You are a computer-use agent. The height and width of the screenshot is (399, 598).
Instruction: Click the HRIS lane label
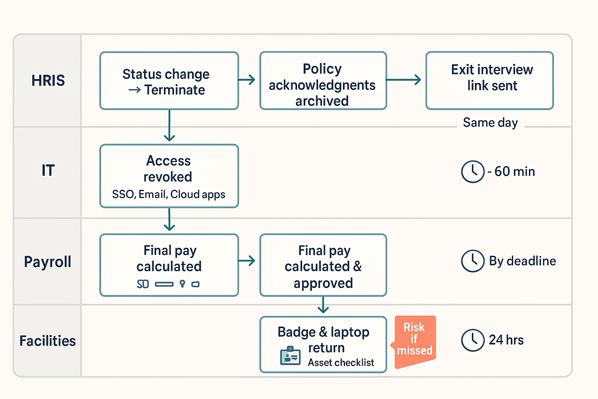coord(48,81)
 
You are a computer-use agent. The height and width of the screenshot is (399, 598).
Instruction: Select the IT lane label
coord(48,171)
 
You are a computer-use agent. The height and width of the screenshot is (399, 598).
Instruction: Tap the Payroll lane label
coord(47,262)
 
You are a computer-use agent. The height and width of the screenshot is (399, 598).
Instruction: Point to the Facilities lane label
coord(47,341)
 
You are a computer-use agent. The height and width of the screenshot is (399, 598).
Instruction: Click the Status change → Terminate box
coord(169,81)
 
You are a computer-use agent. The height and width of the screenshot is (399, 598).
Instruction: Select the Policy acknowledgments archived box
coord(323,81)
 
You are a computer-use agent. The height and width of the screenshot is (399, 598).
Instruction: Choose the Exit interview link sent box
coord(489,81)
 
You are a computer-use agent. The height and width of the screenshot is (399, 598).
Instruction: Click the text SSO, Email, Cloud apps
coord(169,194)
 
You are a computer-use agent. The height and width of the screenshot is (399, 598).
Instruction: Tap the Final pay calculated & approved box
coord(323,266)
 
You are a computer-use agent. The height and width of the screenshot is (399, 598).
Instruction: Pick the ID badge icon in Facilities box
coord(290,355)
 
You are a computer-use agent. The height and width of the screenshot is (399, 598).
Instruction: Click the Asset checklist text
coord(341,363)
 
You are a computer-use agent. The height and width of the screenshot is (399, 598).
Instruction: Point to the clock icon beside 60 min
coord(473,171)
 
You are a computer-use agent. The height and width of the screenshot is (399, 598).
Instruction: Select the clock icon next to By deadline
coord(473,261)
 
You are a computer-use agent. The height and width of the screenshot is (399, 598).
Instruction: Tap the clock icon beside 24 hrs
coord(473,340)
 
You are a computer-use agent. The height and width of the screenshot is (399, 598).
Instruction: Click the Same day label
coord(490,123)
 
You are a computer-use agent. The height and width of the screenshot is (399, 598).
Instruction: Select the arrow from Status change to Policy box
coord(247,80)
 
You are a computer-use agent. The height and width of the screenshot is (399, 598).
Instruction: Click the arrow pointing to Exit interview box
coord(404,80)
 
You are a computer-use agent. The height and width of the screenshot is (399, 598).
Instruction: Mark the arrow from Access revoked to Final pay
coord(169,220)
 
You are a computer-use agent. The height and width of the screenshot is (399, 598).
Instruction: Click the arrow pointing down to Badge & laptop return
coord(323,305)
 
